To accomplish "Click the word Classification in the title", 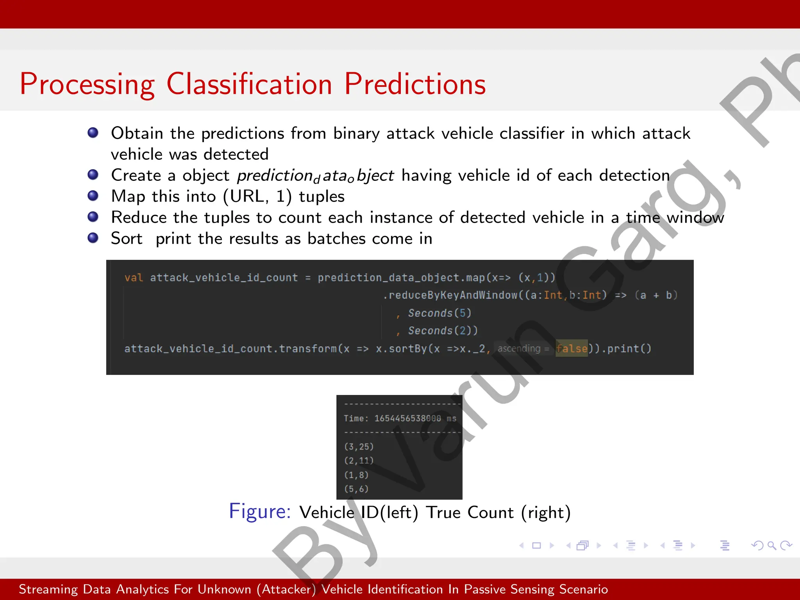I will coord(249,84).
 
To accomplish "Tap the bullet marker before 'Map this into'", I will coord(93,195).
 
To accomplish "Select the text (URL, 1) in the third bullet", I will coord(257,196).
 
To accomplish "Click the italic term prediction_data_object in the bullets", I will coord(315,175).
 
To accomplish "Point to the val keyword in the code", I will coord(134,278).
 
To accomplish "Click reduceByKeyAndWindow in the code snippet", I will coord(453,295).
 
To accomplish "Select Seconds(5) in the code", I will coord(439,313).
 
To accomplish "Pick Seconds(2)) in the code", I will coord(443,330).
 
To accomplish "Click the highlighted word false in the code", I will coord(571,348).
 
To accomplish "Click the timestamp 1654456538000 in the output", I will coord(407,418).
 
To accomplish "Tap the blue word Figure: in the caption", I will coord(260,511).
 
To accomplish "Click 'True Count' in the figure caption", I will coord(470,512).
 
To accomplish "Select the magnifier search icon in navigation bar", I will coord(771,545).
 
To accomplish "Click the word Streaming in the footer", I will coord(48,589).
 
